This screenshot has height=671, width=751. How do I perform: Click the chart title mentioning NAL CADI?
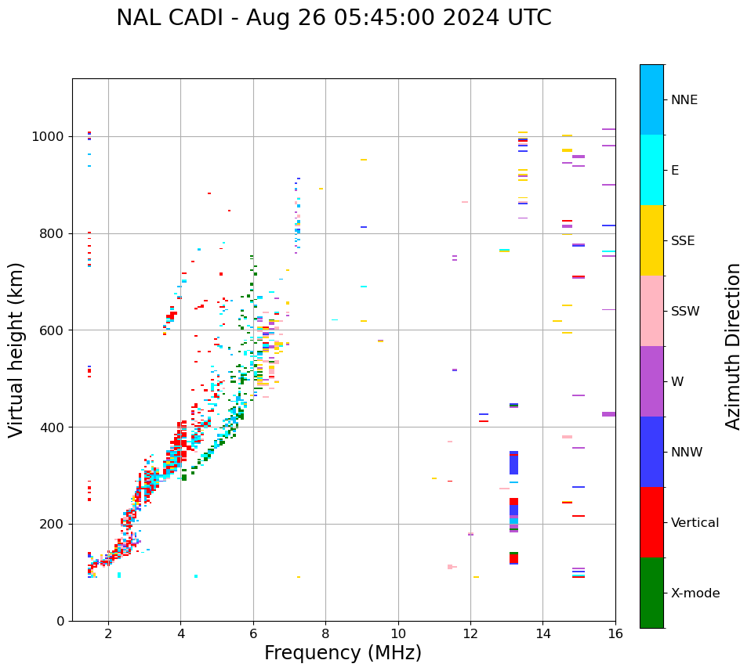333,18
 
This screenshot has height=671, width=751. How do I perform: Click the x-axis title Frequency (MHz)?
343,653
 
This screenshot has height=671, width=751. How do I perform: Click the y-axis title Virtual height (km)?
16,349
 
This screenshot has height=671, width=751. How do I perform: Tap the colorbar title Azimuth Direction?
733,346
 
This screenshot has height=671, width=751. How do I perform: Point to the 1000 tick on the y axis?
52,136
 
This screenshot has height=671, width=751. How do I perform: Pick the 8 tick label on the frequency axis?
325,633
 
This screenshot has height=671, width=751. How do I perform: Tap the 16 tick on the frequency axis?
615,633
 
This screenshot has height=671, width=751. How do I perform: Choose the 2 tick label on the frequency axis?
108,633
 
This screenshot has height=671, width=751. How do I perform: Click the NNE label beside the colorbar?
684,100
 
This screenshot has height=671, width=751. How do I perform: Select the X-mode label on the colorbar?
695,593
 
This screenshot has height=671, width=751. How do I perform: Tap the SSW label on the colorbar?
685,312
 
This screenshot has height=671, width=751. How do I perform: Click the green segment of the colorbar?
651,593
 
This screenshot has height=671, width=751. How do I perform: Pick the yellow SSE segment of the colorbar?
651,240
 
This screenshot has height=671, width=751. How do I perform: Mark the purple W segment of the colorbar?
651,381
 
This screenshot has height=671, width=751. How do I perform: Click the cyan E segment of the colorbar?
651,170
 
